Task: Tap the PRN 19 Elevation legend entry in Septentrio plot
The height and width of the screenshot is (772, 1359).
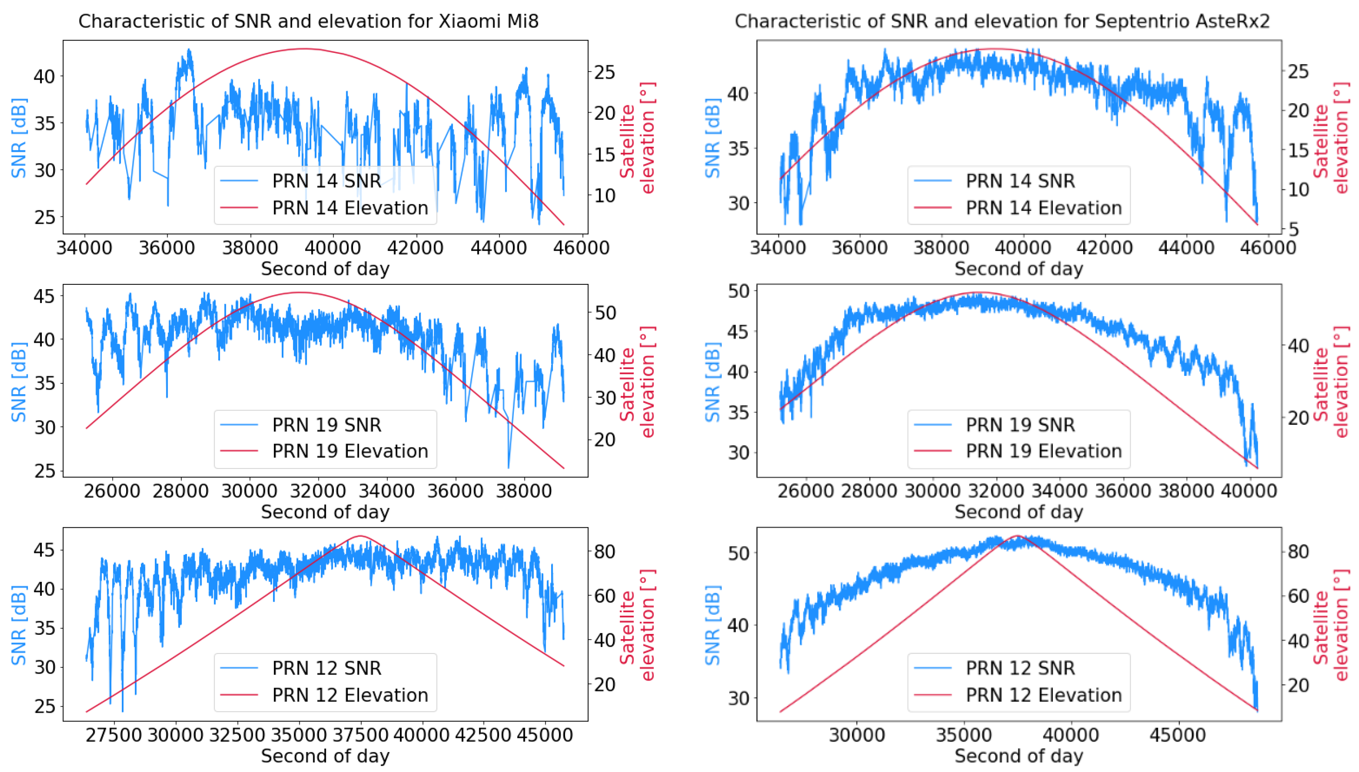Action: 1043,451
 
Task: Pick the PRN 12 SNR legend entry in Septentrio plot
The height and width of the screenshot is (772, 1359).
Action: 1020,668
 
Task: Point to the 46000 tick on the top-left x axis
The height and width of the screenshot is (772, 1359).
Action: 581,248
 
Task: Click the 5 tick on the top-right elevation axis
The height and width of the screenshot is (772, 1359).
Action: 1294,229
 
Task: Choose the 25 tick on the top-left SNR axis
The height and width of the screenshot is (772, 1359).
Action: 44,217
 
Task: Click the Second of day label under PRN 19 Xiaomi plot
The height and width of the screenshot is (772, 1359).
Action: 325,512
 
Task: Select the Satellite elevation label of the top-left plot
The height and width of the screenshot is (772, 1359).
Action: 637,138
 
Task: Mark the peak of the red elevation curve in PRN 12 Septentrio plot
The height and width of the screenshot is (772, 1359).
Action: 1018,536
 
